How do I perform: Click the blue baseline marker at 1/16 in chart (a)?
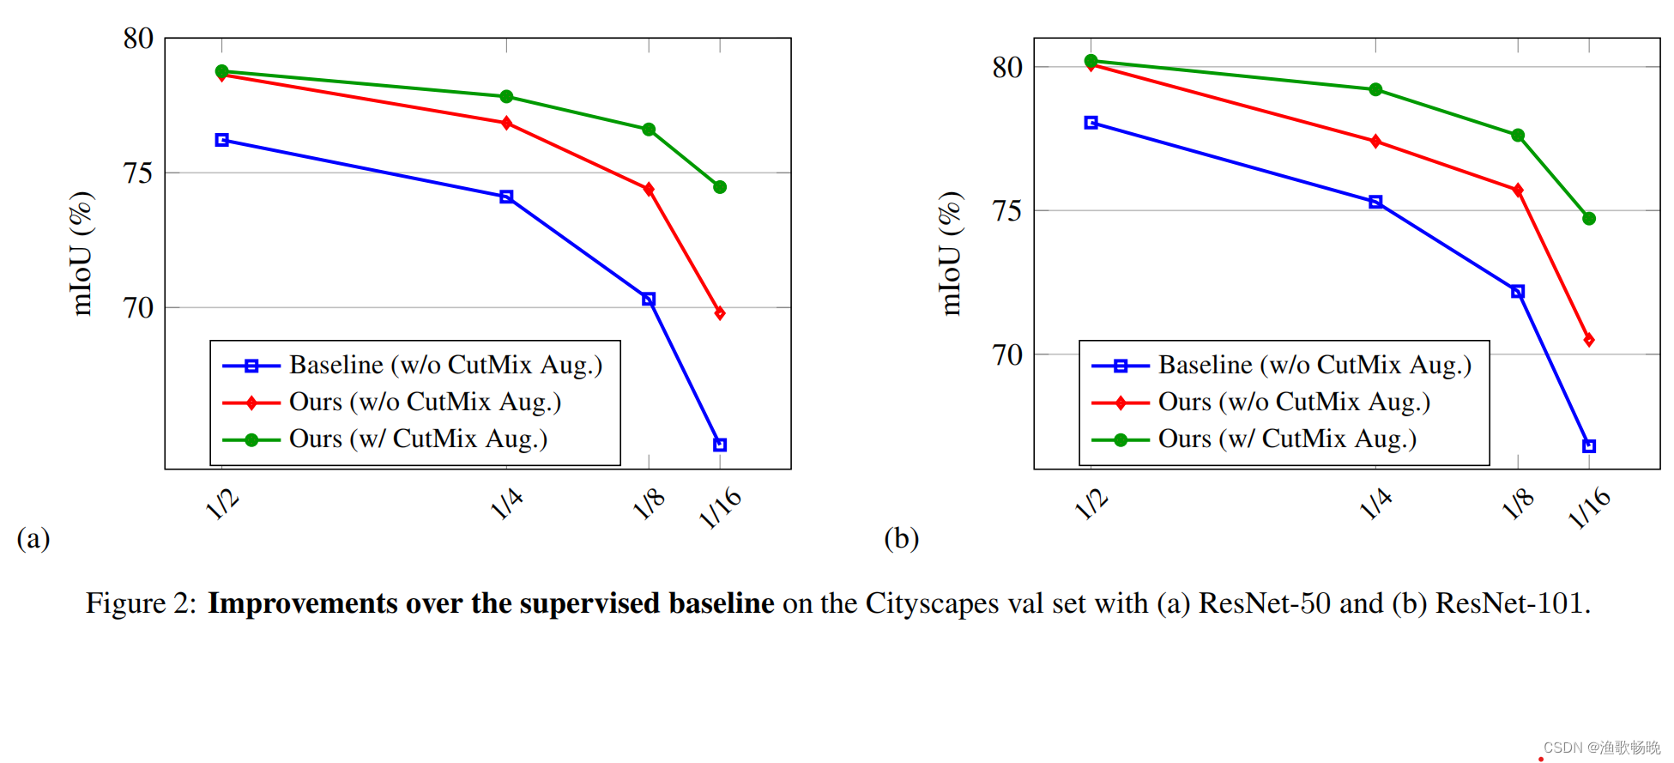(720, 445)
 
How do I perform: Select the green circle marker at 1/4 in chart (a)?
(506, 96)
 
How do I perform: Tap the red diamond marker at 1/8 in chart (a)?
(649, 189)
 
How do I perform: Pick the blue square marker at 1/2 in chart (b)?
(1091, 123)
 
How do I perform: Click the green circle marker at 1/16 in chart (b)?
(1589, 218)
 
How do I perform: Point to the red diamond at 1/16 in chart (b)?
(1589, 340)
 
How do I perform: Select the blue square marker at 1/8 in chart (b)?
(1518, 292)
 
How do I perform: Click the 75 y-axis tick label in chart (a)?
(138, 173)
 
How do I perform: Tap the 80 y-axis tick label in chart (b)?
(1007, 67)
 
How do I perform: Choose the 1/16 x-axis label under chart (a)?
(720, 507)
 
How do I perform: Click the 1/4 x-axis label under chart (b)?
(1375, 503)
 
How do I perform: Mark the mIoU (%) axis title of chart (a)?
(82, 253)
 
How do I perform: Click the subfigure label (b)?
(901, 538)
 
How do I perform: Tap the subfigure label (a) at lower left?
(33, 538)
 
